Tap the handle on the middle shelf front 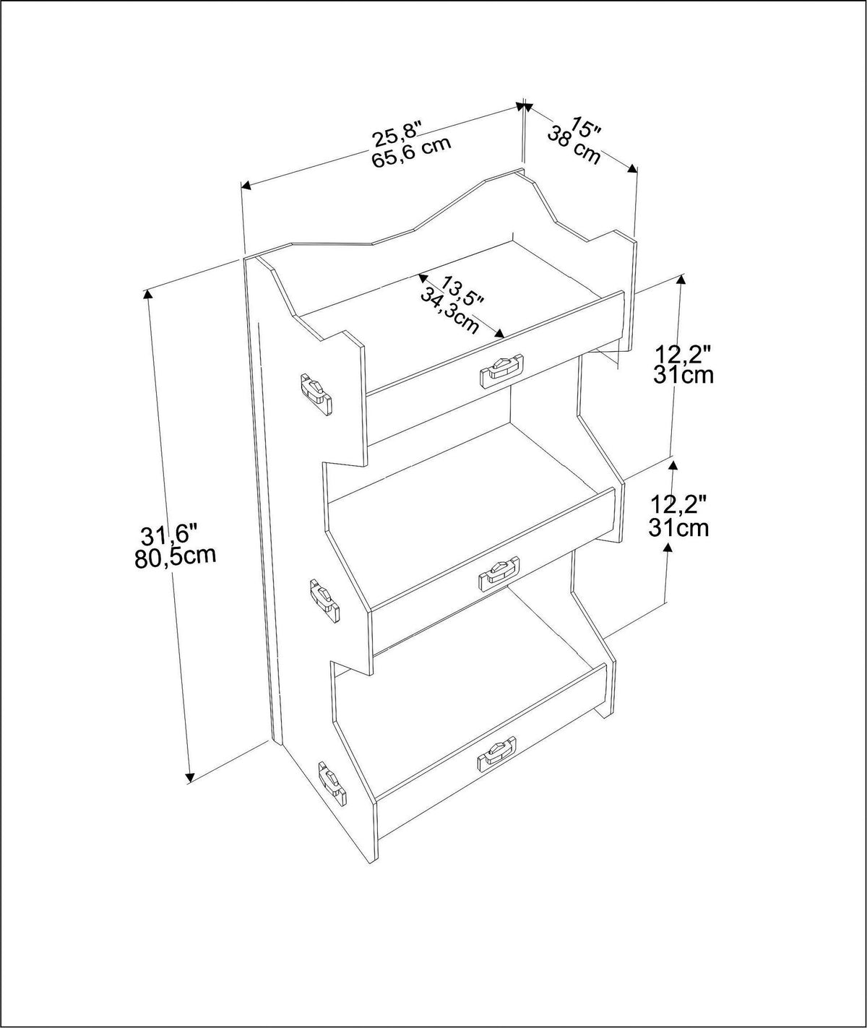499,574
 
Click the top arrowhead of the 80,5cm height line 147,293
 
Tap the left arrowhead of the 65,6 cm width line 246,186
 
